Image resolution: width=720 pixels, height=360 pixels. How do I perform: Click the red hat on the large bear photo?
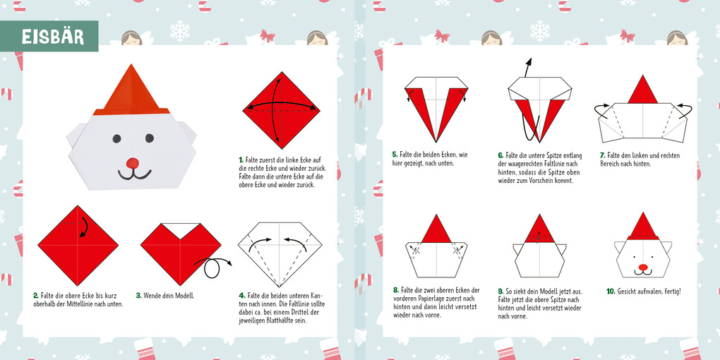click(x=131, y=88)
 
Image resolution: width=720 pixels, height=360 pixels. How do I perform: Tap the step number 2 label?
click(x=36, y=296)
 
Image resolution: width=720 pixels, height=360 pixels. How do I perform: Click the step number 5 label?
click(x=395, y=155)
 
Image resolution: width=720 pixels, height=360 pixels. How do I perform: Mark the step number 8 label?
click(x=395, y=290)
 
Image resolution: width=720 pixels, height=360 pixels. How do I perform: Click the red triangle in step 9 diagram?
click(x=539, y=226)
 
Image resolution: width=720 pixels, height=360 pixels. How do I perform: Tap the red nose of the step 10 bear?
click(x=642, y=268)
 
